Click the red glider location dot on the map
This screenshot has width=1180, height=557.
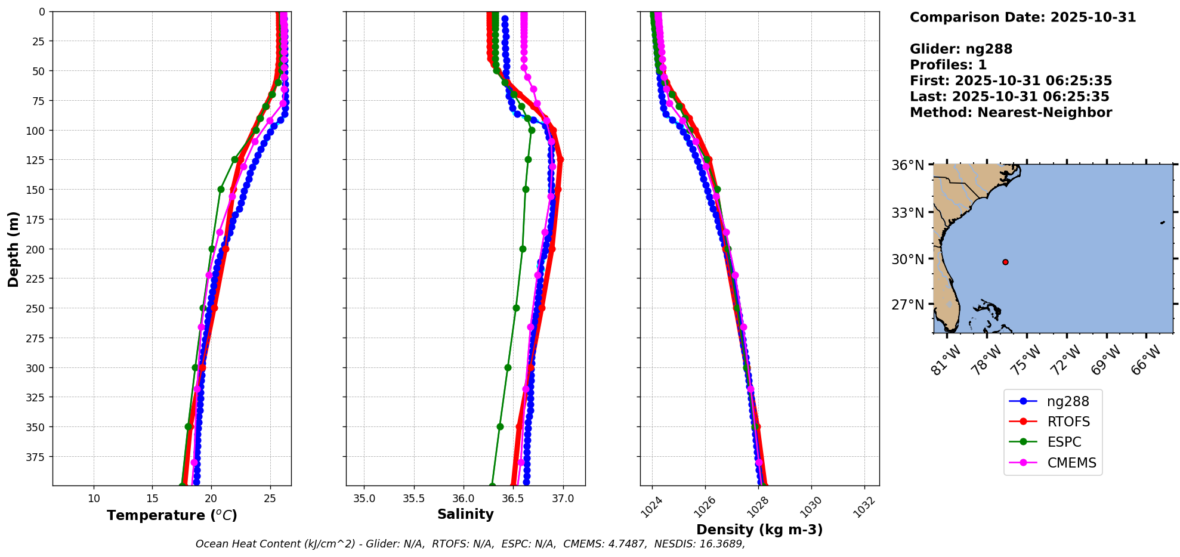pyautogui.click(x=1005, y=262)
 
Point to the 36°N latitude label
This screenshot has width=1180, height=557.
pyautogui.click(x=908, y=165)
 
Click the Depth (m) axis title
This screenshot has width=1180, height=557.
pyautogui.click(x=13, y=249)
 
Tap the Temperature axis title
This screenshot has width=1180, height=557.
pyautogui.click(x=172, y=515)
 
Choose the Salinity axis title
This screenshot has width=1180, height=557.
pyautogui.click(x=465, y=514)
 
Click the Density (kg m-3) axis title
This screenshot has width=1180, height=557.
pyautogui.click(x=759, y=530)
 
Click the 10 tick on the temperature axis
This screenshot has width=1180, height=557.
pyautogui.click(x=94, y=499)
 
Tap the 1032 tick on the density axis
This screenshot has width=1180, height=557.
pyautogui.click(x=864, y=507)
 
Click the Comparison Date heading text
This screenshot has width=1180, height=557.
pyautogui.click(x=1023, y=17)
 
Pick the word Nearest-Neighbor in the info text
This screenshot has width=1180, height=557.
pyautogui.click(x=1044, y=113)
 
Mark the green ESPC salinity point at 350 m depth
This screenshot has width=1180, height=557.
pyautogui.click(x=500, y=426)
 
